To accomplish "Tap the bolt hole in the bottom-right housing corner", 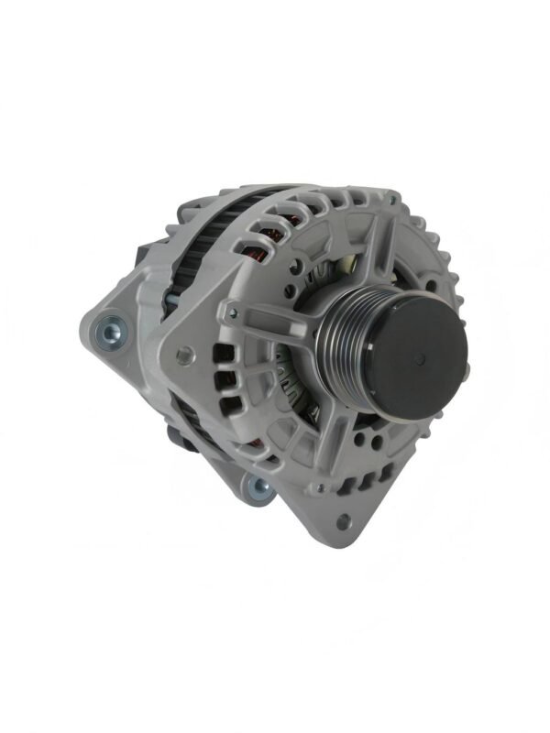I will pyautogui.click(x=344, y=523).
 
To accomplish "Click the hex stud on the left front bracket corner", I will pyautogui.click(x=183, y=352).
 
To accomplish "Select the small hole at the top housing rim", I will pyautogui.click(x=392, y=199).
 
